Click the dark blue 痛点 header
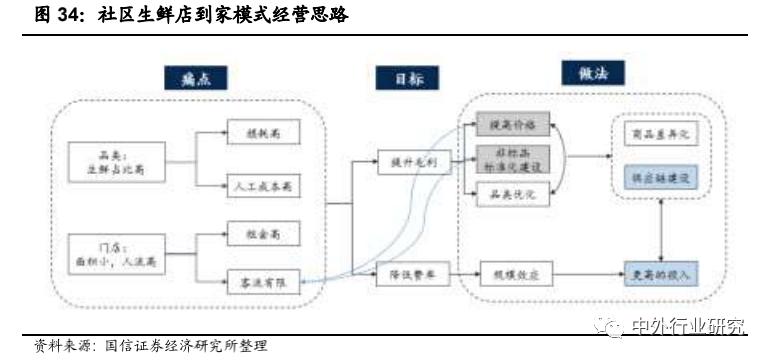196,78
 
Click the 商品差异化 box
656,133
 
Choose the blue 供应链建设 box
656,175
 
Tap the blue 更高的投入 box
656,272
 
